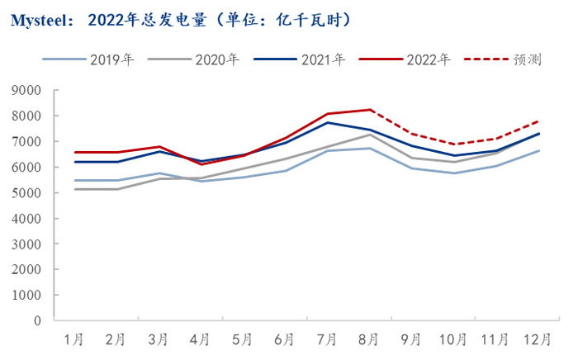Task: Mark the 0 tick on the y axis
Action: pos(36,320)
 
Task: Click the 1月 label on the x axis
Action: pos(73,339)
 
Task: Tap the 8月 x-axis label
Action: pos(369,339)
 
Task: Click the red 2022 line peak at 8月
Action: pos(370,110)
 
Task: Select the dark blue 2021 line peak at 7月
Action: pos(328,123)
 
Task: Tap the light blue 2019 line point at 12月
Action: pos(538,151)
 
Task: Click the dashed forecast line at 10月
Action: pos(454,144)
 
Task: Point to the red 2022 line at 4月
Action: pos(201,164)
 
